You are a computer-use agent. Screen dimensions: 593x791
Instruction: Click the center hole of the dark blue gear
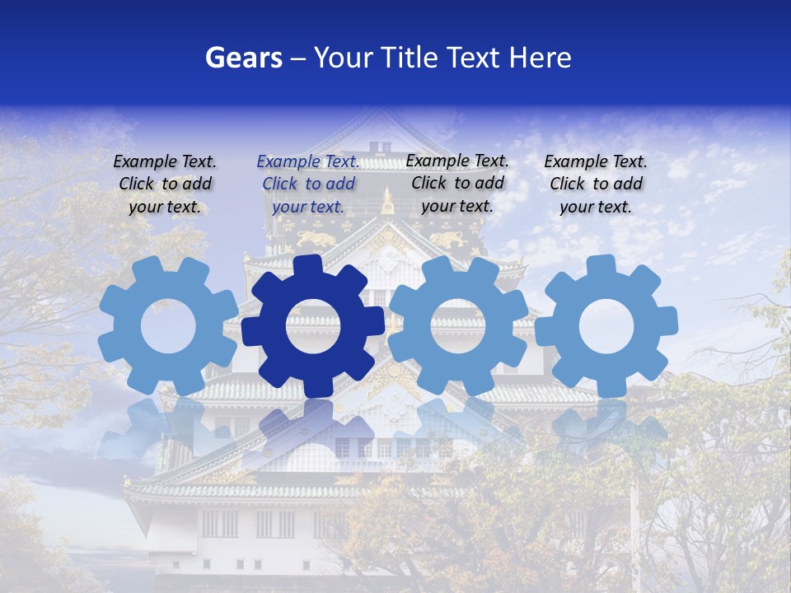[x=312, y=327]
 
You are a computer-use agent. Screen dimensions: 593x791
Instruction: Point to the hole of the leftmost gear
[x=168, y=327]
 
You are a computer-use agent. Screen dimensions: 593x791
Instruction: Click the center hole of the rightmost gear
[x=606, y=327]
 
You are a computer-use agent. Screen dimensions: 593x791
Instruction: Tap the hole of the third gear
[x=458, y=325]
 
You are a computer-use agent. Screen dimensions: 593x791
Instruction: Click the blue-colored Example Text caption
[x=308, y=184]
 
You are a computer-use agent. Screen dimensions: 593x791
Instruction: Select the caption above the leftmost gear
[x=165, y=184]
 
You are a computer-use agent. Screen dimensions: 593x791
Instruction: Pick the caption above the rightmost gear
[x=596, y=184]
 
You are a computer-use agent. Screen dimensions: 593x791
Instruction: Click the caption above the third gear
[x=457, y=183]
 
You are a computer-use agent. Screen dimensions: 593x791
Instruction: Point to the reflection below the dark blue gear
[x=312, y=420]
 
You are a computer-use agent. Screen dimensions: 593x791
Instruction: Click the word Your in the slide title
[x=338, y=58]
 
